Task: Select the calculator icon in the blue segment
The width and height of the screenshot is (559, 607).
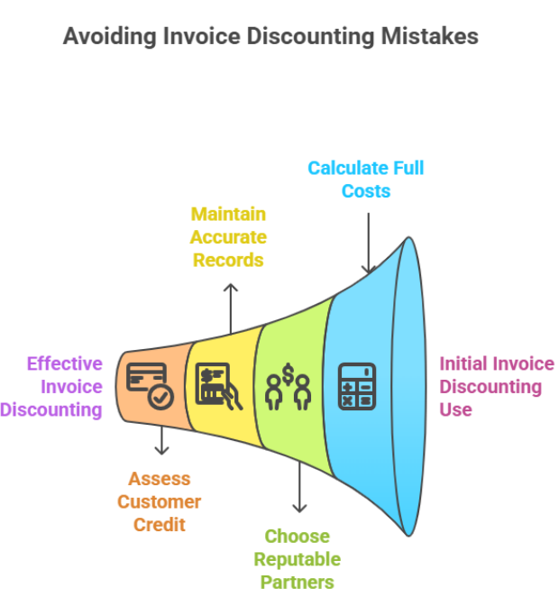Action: [356, 385]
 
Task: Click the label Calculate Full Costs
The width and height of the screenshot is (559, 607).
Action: [365, 179]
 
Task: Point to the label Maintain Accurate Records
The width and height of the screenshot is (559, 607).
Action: [228, 236]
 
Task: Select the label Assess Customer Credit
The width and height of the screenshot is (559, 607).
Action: [160, 501]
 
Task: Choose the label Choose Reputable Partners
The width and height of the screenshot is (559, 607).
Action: [298, 559]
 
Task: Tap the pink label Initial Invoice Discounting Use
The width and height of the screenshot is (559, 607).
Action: [494, 386]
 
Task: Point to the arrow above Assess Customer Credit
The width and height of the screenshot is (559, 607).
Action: [160, 441]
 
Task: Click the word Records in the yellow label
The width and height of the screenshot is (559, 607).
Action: [228, 260]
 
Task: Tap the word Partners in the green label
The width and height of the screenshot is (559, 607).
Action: [298, 582]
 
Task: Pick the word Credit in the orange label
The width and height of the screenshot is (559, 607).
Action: [160, 525]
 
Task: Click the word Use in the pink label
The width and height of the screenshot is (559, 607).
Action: [455, 409]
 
